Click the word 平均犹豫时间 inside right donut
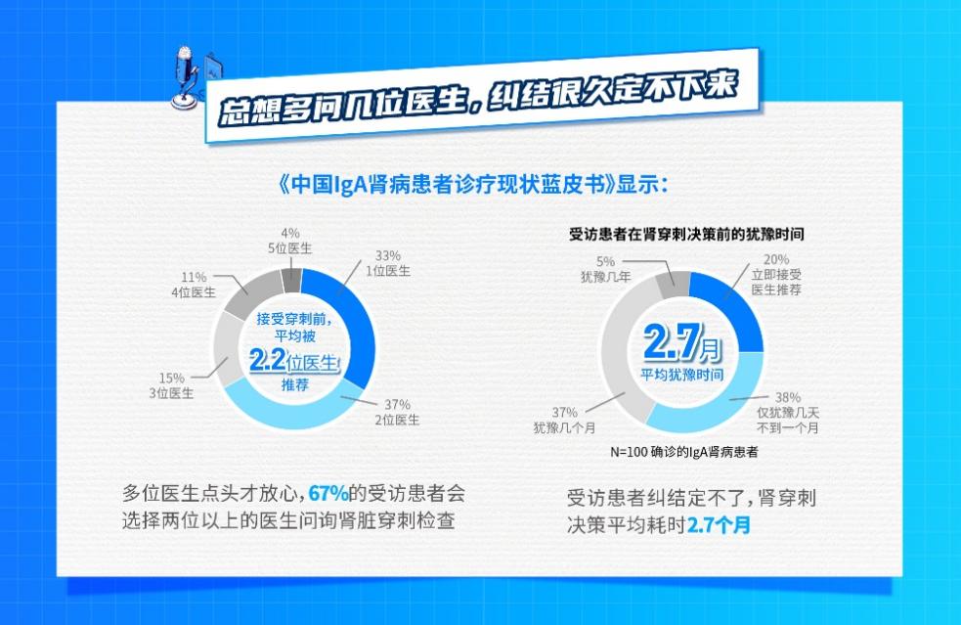(683, 375)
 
